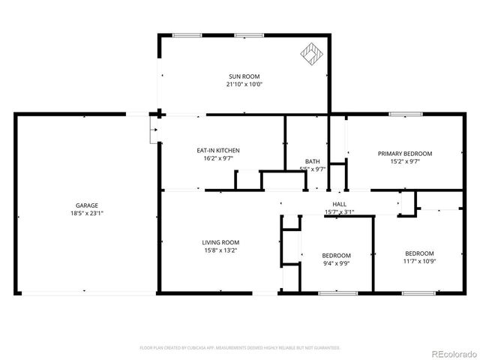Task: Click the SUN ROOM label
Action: click(x=240, y=76)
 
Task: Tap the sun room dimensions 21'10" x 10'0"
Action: click(x=240, y=84)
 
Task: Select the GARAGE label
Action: click(x=86, y=205)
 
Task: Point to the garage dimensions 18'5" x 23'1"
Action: click(x=86, y=213)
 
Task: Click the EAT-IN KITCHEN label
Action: click(x=218, y=151)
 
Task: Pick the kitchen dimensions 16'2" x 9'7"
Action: click(x=218, y=158)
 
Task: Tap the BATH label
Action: click(x=313, y=162)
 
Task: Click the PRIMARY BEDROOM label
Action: click(x=404, y=153)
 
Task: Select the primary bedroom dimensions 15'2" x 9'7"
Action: click(x=404, y=160)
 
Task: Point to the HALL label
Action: click(x=339, y=204)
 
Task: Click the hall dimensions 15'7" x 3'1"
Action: click(x=339, y=212)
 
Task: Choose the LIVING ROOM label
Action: click(x=220, y=242)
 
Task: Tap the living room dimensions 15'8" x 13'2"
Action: click(x=220, y=250)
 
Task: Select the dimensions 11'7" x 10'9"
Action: click(x=419, y=261)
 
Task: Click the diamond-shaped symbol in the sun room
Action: click(x=310, y=54)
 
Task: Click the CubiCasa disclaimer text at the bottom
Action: click(x=240, y=348)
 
